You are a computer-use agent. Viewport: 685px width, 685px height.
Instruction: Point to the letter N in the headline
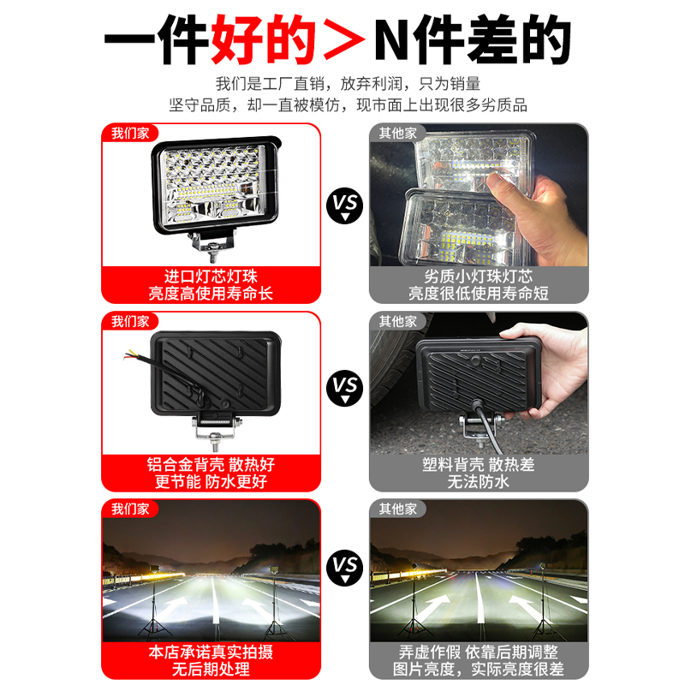click(x=394, y=39)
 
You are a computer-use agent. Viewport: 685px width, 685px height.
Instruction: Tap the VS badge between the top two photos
click(x=345, y=206)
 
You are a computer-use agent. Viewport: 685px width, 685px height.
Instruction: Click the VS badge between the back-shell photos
click(x=345, y=389)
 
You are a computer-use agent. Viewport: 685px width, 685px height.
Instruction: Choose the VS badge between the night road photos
click(x=345, y=566)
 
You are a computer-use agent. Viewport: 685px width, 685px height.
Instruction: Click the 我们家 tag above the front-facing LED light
click(x=129, y=134)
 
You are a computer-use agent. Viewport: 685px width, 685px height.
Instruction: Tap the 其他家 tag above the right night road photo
click(x=398, y=509)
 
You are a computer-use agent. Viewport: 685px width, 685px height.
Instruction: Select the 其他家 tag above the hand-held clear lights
click(x=398, y=134)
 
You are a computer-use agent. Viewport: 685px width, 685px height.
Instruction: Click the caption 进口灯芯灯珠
click(x=210, y=277)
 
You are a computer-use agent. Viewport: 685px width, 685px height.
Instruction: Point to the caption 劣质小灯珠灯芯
click(x=478, y=277)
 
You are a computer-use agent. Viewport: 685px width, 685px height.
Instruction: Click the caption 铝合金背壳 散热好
click(x=210, y=464)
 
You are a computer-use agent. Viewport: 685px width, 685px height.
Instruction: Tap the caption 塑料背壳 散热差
click(x=478, y=464)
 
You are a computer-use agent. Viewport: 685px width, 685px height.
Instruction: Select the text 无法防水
click(x=478, y=481)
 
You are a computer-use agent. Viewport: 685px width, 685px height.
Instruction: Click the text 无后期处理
click(x=210, y=670)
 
